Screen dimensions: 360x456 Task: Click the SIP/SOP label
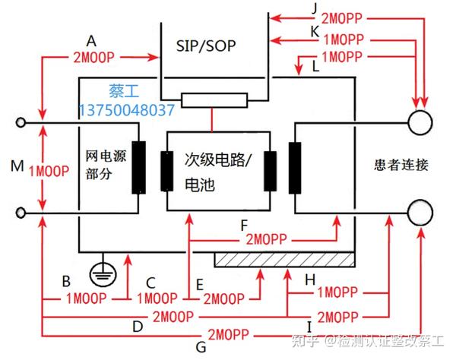tap(204, 46)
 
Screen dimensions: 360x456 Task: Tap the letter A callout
tap(93, 40)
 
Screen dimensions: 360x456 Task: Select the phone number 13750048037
tap(126, 110)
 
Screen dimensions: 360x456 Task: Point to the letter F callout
tap(243, 225)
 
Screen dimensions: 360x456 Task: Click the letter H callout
tap(309, 279)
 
